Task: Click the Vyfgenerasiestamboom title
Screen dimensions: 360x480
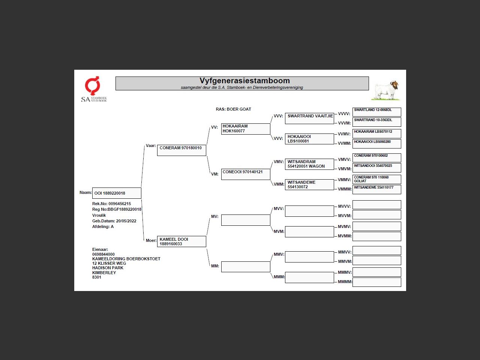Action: (244, 81)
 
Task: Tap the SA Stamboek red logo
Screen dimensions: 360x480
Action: (92, 86)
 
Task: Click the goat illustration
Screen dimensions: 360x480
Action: (386, 90)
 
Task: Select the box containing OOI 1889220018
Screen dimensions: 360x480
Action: (117, 193)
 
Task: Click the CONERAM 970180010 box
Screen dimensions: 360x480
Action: (181, 150)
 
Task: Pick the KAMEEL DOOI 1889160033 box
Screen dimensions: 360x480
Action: (181, 241)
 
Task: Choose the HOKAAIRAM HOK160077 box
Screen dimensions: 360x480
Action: (246, 129)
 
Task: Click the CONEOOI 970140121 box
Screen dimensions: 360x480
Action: (246, 174)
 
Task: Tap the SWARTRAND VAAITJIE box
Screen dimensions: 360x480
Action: (309, 118)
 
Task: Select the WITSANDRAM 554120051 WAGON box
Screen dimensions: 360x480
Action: (309, 164)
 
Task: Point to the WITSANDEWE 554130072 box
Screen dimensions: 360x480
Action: (309, 184)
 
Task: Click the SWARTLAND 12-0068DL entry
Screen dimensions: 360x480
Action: (376, 112)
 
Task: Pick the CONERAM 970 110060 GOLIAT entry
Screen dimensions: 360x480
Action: (376, 179)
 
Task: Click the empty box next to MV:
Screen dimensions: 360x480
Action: (246, 220)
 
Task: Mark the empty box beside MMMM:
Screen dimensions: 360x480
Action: (376, 282)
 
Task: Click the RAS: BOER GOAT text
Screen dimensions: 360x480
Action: (233, 109)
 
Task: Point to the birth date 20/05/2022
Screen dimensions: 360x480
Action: (126, 221)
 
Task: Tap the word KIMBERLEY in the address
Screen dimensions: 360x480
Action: (104, 273)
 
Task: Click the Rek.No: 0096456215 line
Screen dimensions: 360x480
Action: (112, 204)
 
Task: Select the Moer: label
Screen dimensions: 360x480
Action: (151, 240)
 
